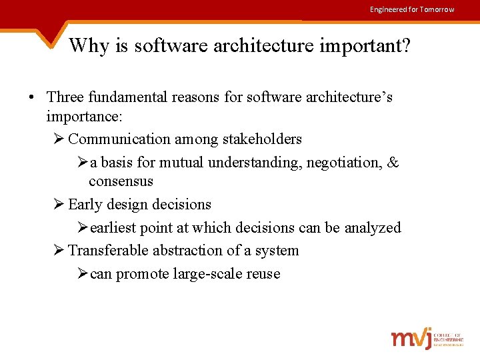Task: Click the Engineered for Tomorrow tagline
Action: click(412, 9)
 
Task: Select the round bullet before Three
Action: click(31, 97)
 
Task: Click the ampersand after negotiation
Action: click(393, 163)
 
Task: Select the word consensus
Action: click(121, 181)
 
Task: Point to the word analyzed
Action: click(373, 228)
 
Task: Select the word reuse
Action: click(262, 274)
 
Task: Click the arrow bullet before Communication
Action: click(59, 139)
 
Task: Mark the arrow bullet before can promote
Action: click(82, 274)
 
